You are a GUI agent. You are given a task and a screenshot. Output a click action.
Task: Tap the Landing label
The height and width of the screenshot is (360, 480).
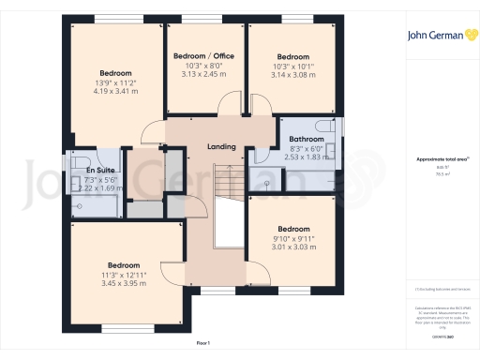point(221,146)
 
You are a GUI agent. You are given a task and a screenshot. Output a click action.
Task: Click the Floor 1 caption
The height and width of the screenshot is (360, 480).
point(203,344)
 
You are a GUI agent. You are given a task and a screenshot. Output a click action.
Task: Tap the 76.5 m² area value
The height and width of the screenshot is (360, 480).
point(442,173)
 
